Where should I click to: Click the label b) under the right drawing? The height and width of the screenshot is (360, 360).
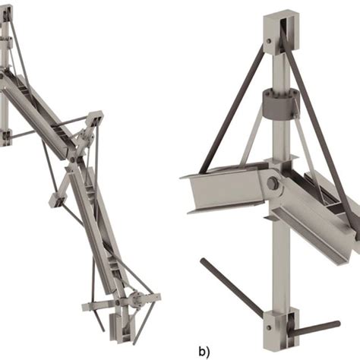click(202, 351)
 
